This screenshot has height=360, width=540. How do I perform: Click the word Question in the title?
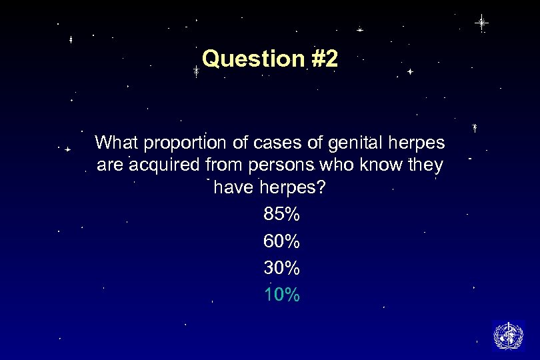pyautogui.click(x=253, y=59)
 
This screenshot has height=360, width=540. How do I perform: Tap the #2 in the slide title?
pyautogui.click(x=325, y=59)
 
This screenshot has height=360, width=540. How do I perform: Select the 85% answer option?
pyautogui.click(x=282, y=215)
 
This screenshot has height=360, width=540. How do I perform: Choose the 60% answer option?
pyautogui.click(x=282, y=241)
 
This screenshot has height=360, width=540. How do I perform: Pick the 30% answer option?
pyautogui.click(x=282, y=268)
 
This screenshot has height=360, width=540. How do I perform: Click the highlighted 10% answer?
pyautogui.click(x=282, y=295)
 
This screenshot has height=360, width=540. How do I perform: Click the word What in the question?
pyautogui.click(x=117, y=143)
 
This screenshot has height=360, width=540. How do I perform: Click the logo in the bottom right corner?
pyautogui.click(x=508, y=335)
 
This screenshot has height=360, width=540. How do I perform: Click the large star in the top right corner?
pyautogui.click(x=481, y=23)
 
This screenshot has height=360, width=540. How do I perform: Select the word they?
pyautogui.click(x=425, y=165)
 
